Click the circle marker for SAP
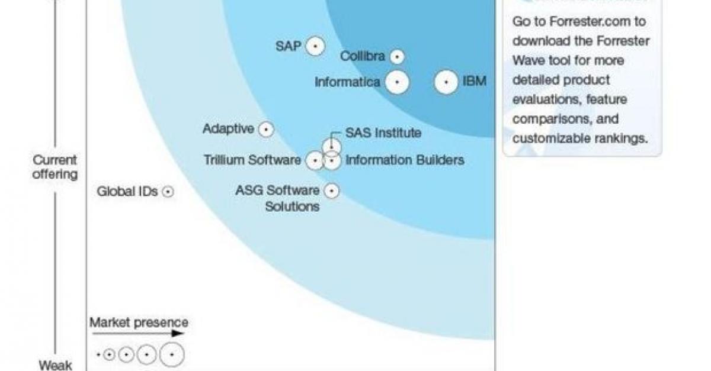click(x=315, y=46)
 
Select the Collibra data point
click(x=397, y=57)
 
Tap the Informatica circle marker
click(x=397, y=82)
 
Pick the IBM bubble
click(x=446, y=82)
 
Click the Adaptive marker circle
click(x=266, y=130)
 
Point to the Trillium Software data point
click(x=315, y=160)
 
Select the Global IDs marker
click(x=168, y=192)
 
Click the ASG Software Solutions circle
click(x=332, y=191)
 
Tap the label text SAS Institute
click(x=383, y=133)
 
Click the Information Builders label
click(x=405, y=160)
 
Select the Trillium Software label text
click(x=252, y=160)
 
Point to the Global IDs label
click(x=127, y=192)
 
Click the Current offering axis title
click(x=55, y=167)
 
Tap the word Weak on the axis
click(x=55, y=365)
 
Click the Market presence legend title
click(x=139, y=323)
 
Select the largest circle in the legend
click(x=172, y=354)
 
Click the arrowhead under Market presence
click(x=178, y=333)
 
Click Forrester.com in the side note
click(x=590, y=21)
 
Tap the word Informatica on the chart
click(x=347, y=82)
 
